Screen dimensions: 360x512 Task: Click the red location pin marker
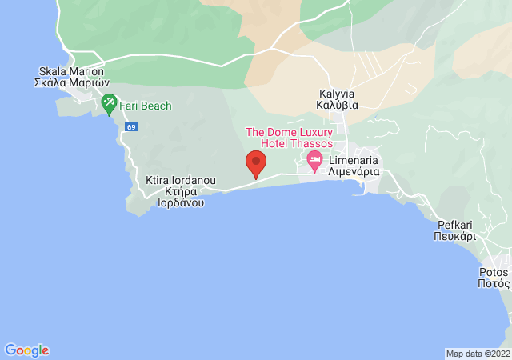(x=256, y=164)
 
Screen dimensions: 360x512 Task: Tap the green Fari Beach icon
(x=109, y=103)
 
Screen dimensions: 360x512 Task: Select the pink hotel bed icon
(x=315, y=160)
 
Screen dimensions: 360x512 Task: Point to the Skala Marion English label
(x=70, y=71)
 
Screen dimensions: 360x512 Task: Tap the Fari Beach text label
(x=146, y=106)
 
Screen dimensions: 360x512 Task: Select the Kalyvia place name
(x=336, y=94)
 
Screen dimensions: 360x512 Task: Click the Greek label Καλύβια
(x=336, y=105)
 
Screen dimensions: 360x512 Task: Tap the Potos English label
(x=494, y=272)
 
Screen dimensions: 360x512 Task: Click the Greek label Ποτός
(x=494, y=283)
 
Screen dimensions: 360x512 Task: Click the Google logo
(x=27, y=350)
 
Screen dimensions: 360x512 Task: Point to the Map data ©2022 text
(x=477, y=354)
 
